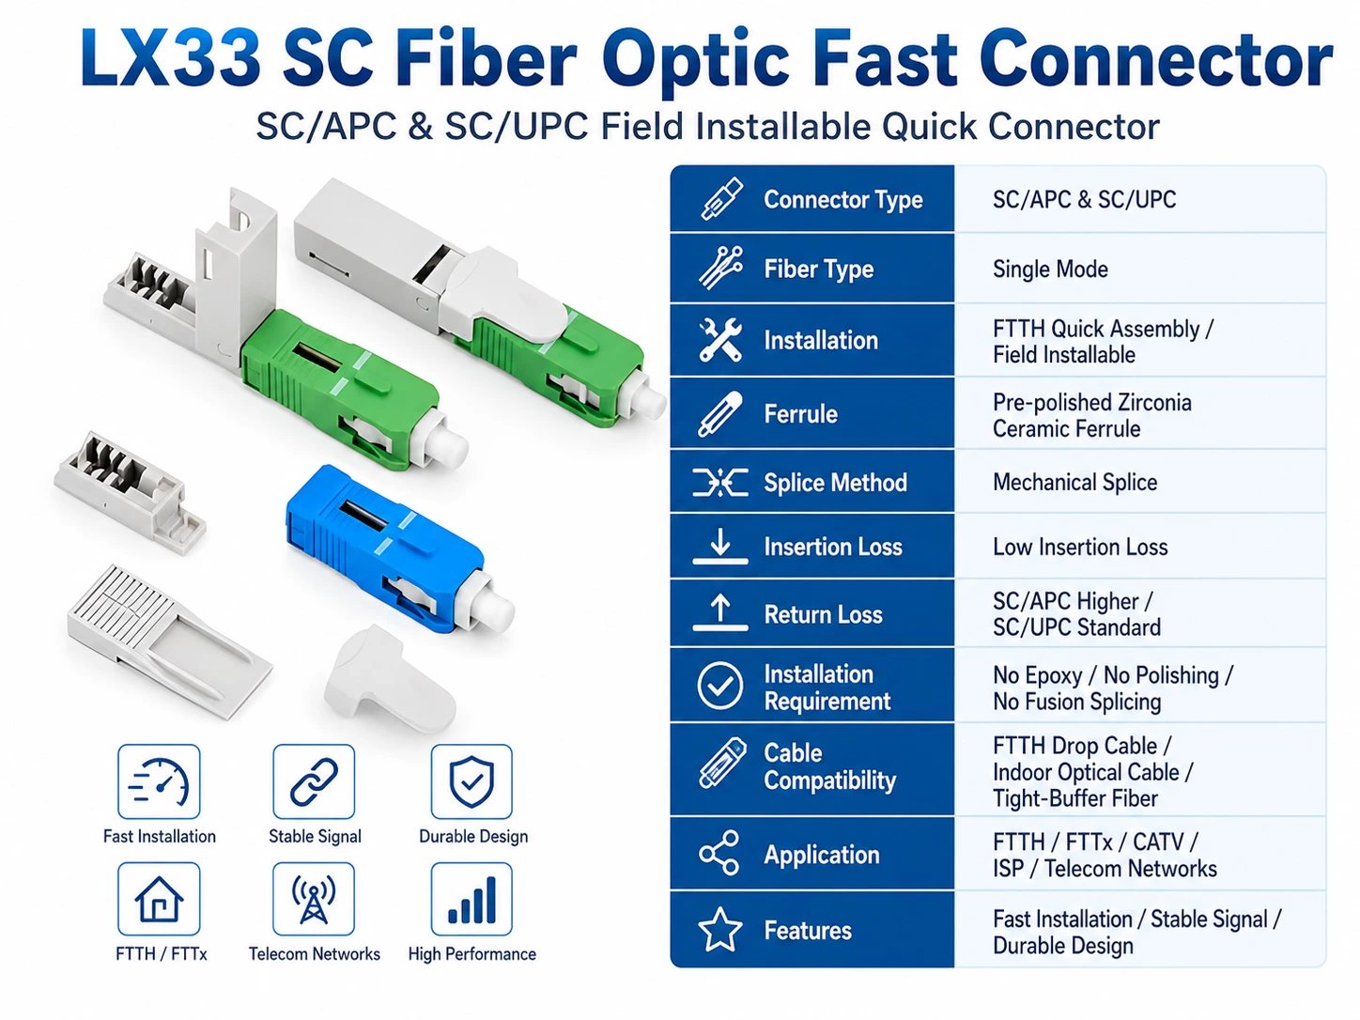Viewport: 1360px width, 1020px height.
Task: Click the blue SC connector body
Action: pos(384,545)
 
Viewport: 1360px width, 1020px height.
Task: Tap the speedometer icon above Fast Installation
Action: pos(159,782)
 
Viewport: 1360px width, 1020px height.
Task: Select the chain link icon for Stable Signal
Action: pos(314,782)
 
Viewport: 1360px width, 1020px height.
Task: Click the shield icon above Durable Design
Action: pos(471,781)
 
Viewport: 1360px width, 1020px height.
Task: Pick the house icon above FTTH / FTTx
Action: pos(159,899)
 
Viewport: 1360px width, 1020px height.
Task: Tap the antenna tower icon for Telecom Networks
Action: pos(314,899)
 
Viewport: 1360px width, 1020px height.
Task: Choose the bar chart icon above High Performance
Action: pos(471,900)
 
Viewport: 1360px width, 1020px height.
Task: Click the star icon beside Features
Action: pos(719,929)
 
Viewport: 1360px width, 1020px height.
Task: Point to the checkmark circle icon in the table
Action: pos(719,686)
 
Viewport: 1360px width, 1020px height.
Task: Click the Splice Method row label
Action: pos(835,483)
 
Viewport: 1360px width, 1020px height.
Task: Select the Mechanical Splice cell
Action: pos(1075,483)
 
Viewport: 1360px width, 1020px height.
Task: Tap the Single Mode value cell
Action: pos(1050,269)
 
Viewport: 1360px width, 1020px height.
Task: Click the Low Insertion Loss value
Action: pos(1080,547)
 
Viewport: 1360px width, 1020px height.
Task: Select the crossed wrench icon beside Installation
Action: pos(720,340)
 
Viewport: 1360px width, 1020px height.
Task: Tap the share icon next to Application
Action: pos(719,853)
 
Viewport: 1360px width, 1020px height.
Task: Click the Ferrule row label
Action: pos(800,413)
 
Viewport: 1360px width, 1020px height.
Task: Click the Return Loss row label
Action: pos(823,614)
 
